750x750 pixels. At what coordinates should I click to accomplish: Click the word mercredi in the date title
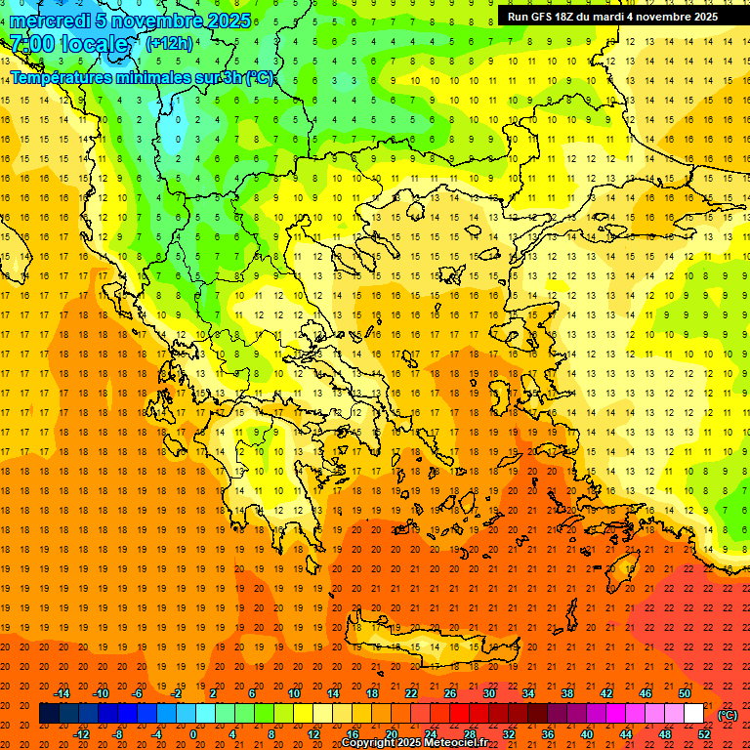[x=51, y=21]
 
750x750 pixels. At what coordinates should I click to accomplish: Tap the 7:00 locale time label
[x=68, y=44]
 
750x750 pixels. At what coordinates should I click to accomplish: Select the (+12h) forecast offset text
[x=169, y=44]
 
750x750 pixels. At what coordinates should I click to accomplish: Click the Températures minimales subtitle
[x=142, y=77]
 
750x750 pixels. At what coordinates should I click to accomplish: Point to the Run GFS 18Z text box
[x=612, y=17]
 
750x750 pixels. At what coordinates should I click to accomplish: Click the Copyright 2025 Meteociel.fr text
[x=414, y=743]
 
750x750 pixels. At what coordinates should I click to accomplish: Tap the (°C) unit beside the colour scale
[x=727, y=715]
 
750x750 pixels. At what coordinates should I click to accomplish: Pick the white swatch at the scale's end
[x=693, y=714]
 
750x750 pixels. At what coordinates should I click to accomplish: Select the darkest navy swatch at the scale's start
[x=49, y=714]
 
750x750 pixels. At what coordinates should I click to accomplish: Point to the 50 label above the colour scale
[x=684, y=693]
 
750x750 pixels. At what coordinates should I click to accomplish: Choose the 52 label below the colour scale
[x=703, y=734]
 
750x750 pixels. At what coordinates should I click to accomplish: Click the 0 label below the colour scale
[x=193, y=734]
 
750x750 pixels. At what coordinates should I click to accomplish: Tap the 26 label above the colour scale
[x=450, y=693]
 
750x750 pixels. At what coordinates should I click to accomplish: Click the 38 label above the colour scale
[x=567, y=693]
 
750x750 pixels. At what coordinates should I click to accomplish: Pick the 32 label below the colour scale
[x=508, y=734]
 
